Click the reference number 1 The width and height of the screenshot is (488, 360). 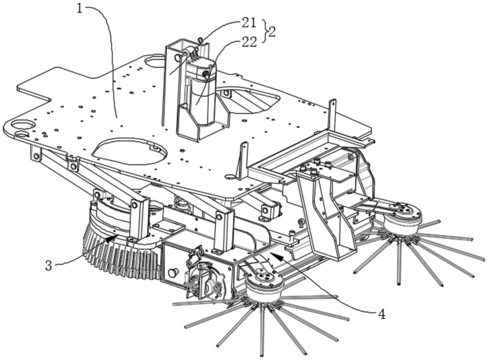(x=79, y=9)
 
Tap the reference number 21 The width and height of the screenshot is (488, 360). (x=249, y=23)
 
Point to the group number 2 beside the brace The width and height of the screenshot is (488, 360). (x=271, y=32)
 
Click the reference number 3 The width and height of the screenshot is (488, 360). (x=48, y=266)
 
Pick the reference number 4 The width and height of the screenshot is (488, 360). (x=382, y=315)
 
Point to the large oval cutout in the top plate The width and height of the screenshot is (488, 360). (x=129, y=151)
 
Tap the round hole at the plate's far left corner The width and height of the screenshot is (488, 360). (x=23, y=124)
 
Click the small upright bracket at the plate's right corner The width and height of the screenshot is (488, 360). (x=332, y=114)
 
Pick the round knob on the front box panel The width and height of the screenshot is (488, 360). (x=173, y=272)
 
